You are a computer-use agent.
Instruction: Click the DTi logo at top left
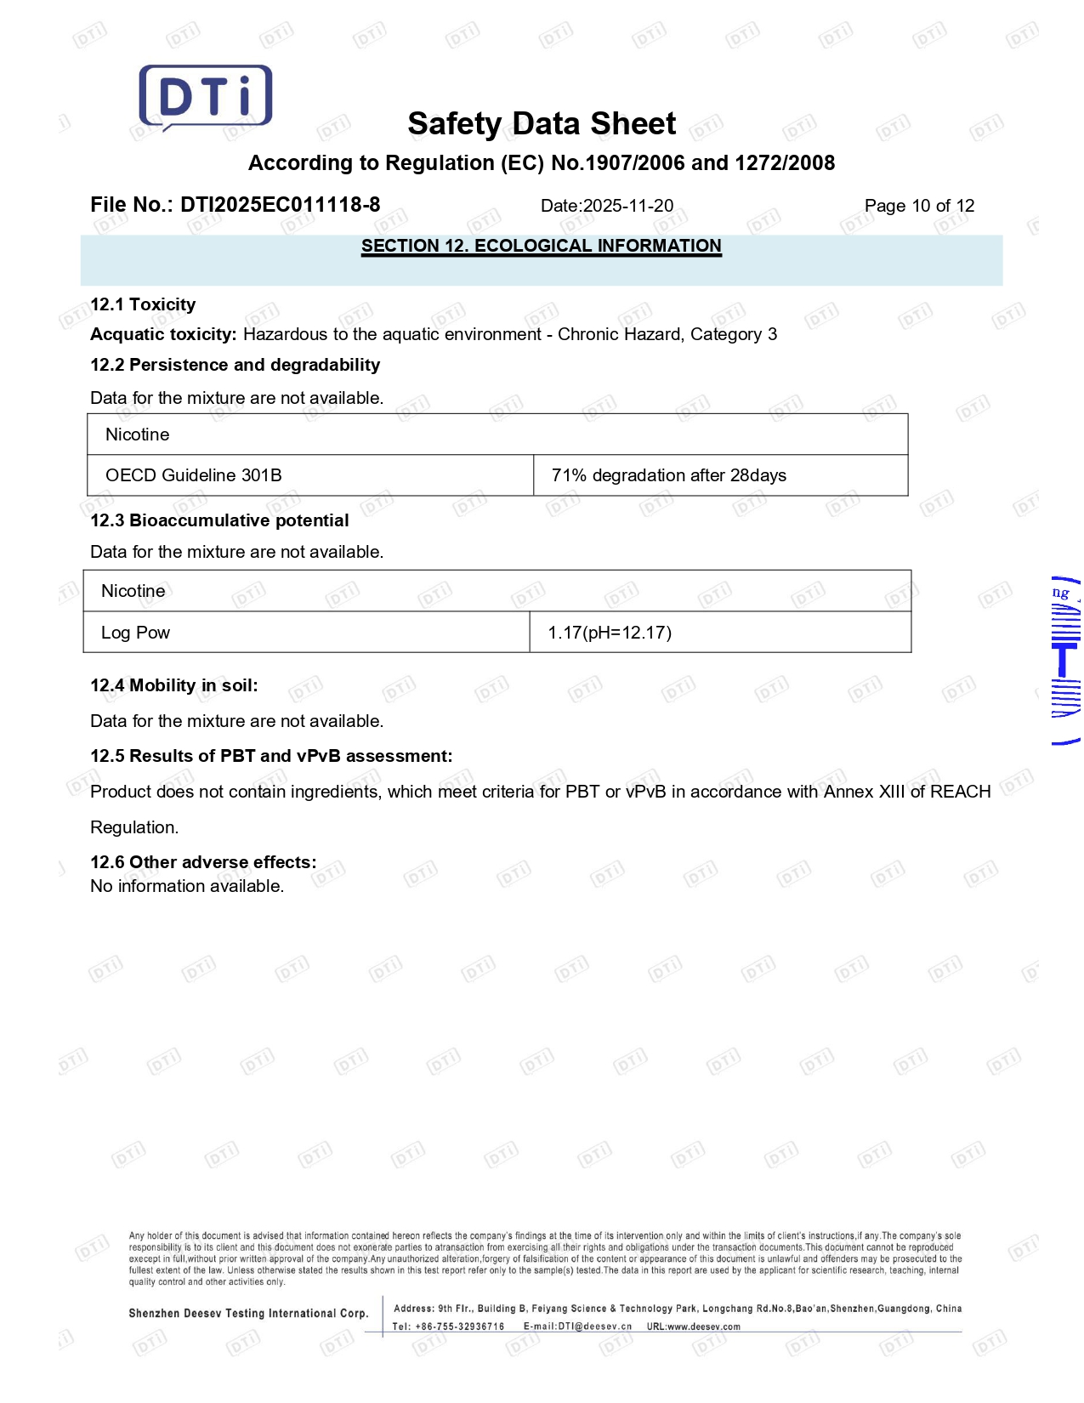[x=206, y=97]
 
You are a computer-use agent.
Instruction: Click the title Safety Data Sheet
[x=542, y=124]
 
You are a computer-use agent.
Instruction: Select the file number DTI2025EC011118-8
[x=280, y=205]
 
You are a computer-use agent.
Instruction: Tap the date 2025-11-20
[x=627, y=206]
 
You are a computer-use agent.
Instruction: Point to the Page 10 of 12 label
[x=919, y=206]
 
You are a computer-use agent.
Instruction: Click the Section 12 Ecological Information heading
[x=542, y=247]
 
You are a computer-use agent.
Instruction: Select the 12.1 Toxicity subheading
[x=143, y=304]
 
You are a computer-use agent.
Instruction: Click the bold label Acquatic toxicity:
[x=163, y=334]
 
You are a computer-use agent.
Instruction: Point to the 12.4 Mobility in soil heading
[x=174, y=685]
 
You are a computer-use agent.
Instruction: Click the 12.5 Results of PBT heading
[x=271, y=756]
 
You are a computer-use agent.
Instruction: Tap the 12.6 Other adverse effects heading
[x=203, y=862]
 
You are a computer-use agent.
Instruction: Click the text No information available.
[x=187, y=886]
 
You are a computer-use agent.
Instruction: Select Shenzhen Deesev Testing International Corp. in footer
[x=248, y=1314]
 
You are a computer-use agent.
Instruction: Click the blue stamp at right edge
[x=1066, y=660]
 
